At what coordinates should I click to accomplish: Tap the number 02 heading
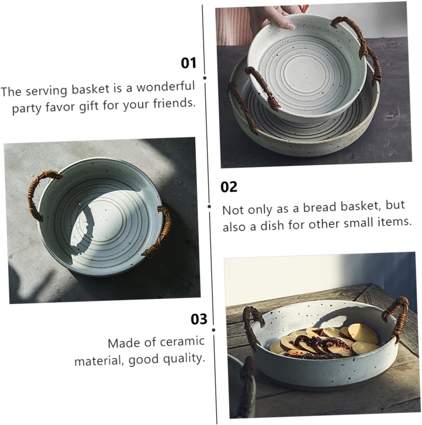pos(228,187)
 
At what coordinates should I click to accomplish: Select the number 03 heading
pos(199,319)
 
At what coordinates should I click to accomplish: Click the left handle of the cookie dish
pos(251,324)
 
